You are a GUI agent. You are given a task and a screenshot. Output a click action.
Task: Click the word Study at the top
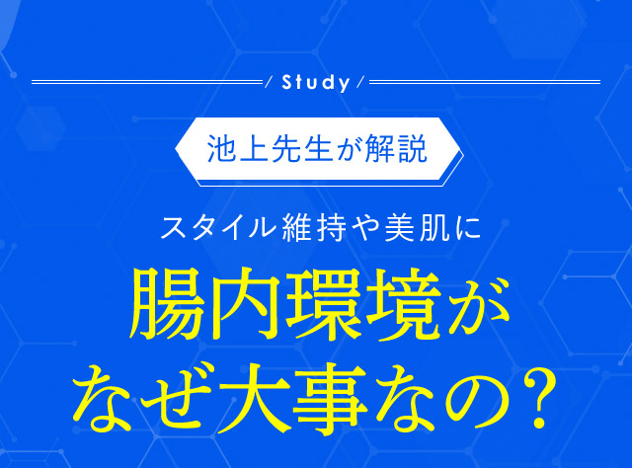tap(316, 83)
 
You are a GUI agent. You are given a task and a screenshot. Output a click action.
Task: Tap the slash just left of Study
tap(269, 82)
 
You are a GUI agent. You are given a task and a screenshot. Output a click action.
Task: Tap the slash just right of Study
tap(360, 82)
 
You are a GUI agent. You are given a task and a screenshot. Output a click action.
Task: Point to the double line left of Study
tap(147, 82)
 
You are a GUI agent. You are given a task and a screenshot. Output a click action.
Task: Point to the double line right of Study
tap(485, 82)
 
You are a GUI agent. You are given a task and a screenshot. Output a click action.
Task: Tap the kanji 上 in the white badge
tap(254, 149)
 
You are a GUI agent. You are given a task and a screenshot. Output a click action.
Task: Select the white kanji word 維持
tap(315, 228)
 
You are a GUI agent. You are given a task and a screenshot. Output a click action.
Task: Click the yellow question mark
tap(540, 399)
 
